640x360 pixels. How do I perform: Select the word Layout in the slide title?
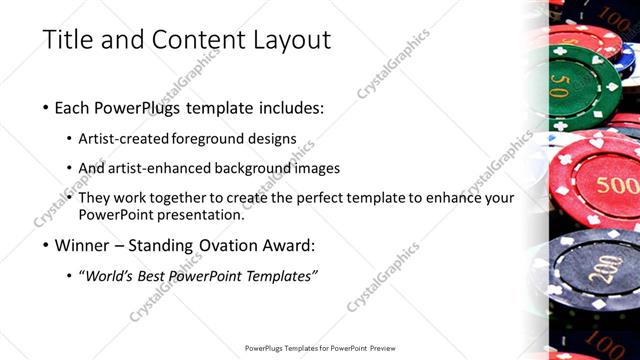click(287, 41)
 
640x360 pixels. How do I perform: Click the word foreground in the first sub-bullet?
click(206, 138)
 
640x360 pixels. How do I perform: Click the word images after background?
click(315, 168)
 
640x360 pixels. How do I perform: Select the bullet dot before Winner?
click(46, 246)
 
